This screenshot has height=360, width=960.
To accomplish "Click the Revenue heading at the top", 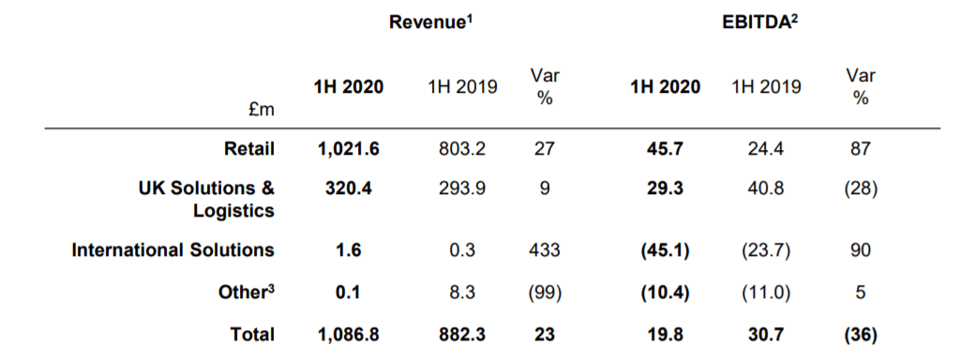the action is click(x=433, y=22).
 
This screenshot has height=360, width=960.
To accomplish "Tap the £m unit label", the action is click(x=262, y=111).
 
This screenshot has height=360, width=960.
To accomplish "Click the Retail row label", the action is click(x=249, y=149).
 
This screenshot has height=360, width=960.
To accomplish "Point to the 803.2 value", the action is click(x=463, y=149).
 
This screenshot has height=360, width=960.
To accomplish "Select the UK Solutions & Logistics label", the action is click(x=207, y=199).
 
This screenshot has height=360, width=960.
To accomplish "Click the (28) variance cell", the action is click(x=861, y=187).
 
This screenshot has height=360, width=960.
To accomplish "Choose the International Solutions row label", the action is click(x=173, y=249).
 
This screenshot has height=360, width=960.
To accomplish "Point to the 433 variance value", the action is click(x=545, y=249).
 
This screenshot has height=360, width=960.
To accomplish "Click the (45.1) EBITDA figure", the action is click(x=665, y=249).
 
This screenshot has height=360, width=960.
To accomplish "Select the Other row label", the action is click(x=247, y=292).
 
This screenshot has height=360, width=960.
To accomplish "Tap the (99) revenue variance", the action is click(x=545, y=292).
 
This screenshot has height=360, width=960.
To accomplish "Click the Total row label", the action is click(x=253, y=335).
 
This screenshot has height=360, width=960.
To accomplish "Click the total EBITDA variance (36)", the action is click(x=861, y=335).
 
